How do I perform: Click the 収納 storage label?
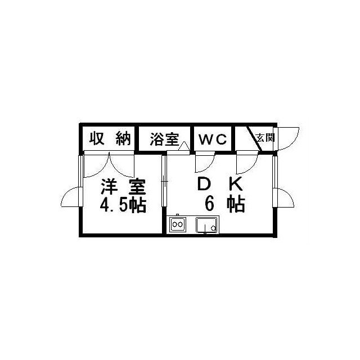tap(110, 138)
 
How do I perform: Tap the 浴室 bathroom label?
tap(164, 139)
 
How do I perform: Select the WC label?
tap(213, 139)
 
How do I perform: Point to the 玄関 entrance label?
tap(265, 138)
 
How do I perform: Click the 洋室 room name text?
tap(123, 186)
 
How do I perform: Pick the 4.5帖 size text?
tap(123, 205)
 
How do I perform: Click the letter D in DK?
tap(204, 184)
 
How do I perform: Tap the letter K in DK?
tap(236, 184)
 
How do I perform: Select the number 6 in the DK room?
tap(210, 204)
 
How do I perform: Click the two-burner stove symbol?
tap(178, 224)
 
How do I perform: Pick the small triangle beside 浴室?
tap(184, 146)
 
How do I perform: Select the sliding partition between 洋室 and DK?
tap(164, 181)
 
